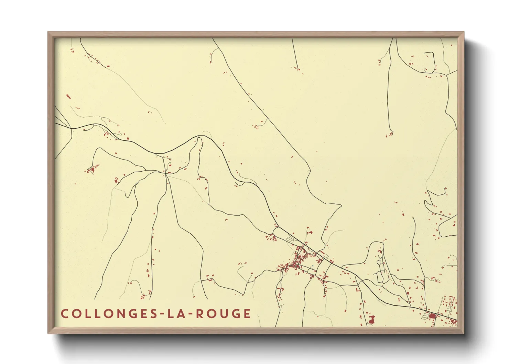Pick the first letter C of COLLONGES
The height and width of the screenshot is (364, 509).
click(x=64, y=314)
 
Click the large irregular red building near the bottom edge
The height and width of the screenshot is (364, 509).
click(x=371, y=320)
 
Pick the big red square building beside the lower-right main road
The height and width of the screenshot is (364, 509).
click(x=432, y=315)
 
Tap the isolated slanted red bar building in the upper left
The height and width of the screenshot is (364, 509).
click(x=68, y=97)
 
